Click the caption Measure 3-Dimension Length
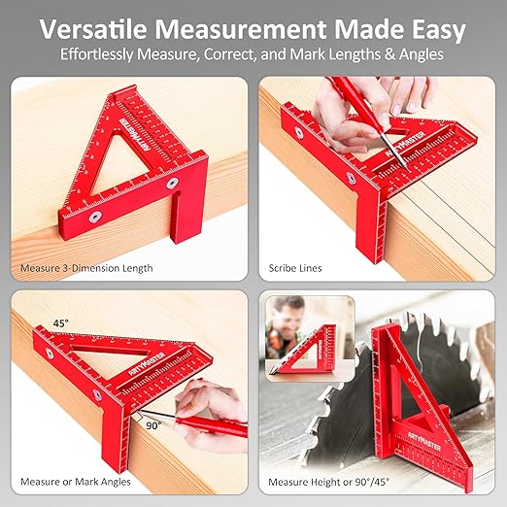tap(86, 267)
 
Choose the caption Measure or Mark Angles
tap(77, 481)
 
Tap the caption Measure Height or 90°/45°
tap(330, 481)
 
